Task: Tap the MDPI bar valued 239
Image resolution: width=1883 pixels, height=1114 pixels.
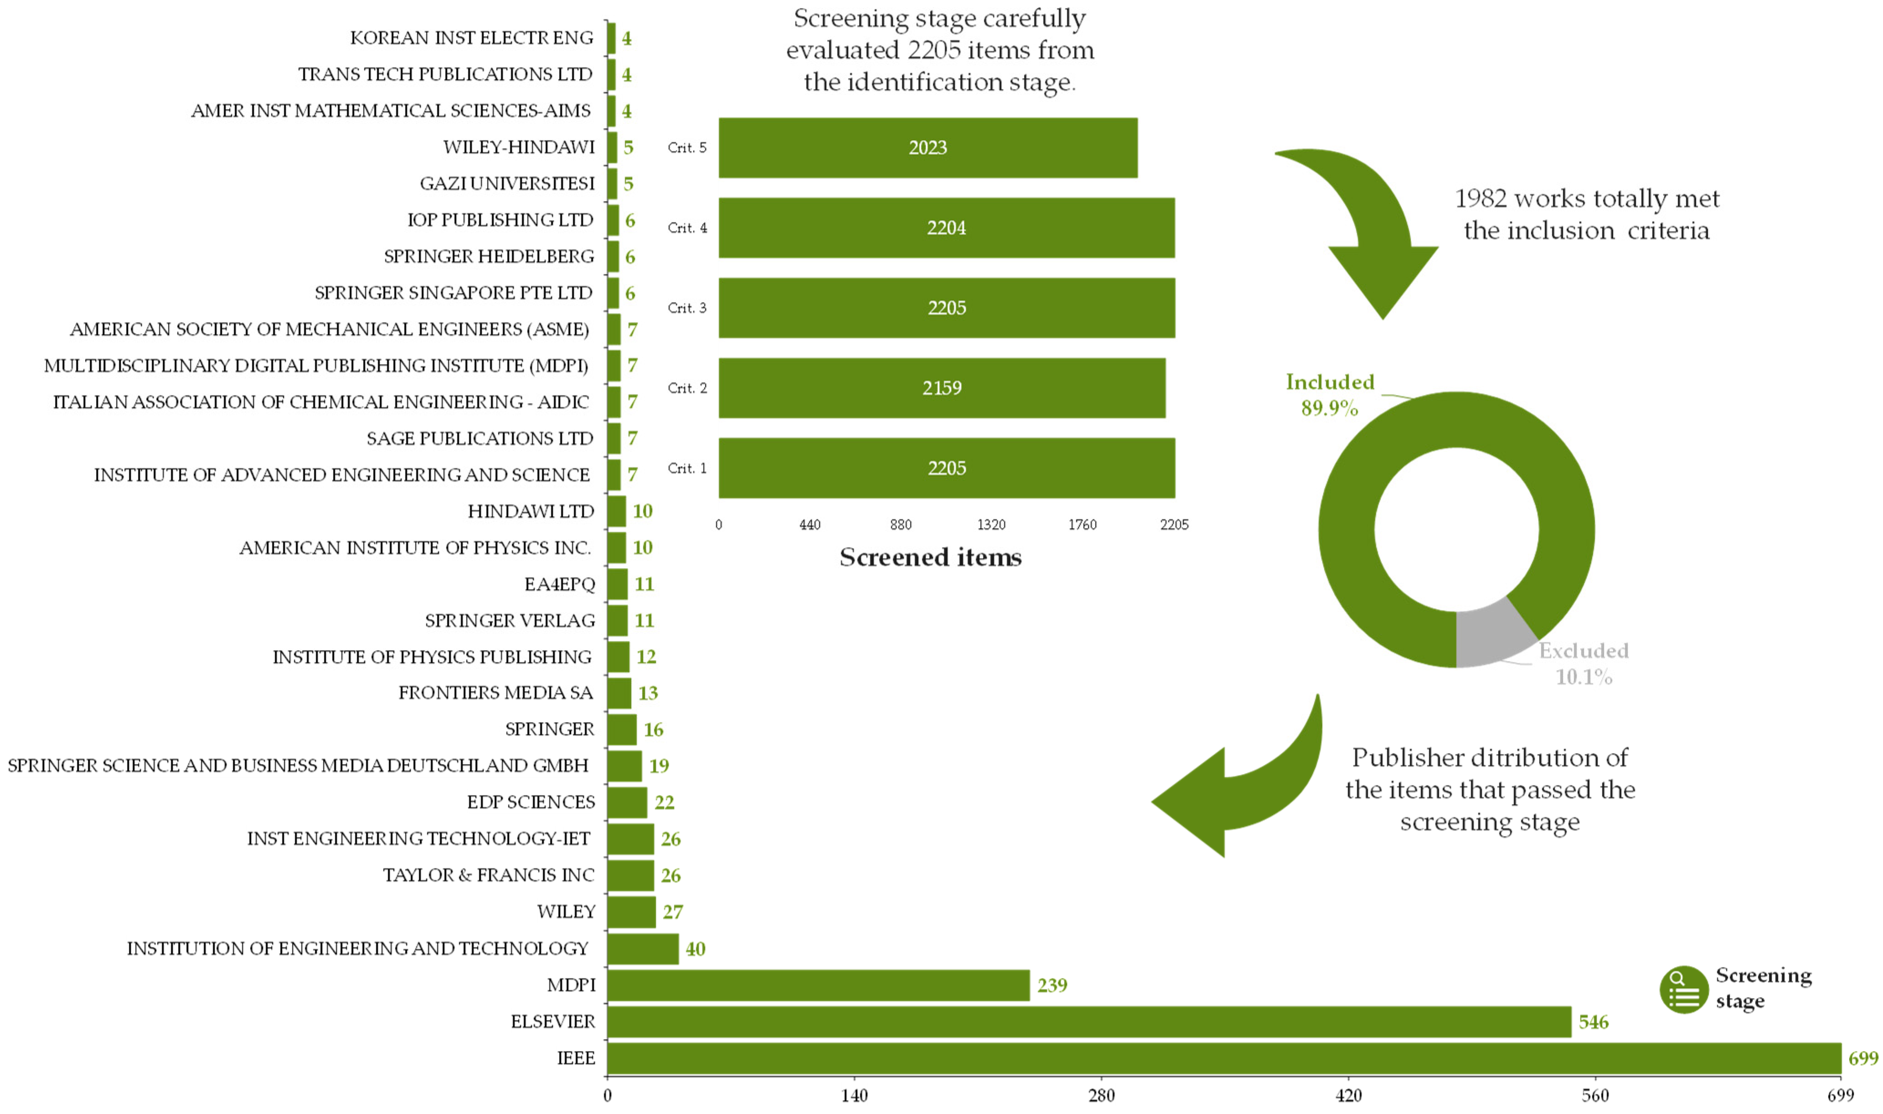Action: pos(818,985)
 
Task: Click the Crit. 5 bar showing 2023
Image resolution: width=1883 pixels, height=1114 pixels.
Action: pos(928,148)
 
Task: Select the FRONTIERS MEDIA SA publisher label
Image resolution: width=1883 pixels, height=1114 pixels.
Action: pos(495,693)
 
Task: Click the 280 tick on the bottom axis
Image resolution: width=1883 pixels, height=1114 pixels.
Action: pos(1101,1095)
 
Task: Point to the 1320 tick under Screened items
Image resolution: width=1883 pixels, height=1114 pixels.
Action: pos(991,525)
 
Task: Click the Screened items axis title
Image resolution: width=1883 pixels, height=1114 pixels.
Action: pos(930,558)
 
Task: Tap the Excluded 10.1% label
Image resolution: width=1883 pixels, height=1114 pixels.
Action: pos(1584,663)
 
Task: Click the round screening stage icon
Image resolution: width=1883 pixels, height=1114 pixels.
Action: pos(1684,990)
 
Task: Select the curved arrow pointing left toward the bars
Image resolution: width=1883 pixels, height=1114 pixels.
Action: pos(1239,788)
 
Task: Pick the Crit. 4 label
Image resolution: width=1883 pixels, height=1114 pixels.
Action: pos(687,228)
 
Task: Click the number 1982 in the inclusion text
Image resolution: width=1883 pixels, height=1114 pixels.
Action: pos(1481,199)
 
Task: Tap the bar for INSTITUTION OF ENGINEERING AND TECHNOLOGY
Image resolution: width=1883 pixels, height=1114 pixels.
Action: pos(643,949)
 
